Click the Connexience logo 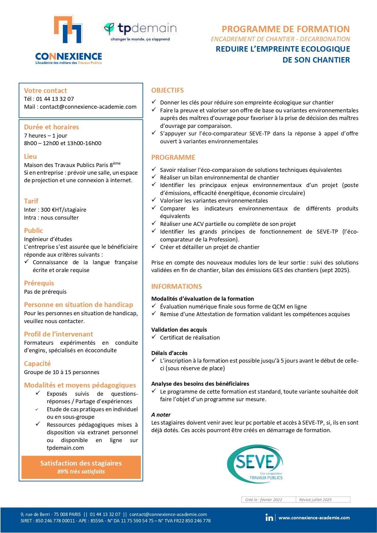[68, 39]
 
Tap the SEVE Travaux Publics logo [255, 463]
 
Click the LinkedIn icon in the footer [269, 518]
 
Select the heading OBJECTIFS [167, 91]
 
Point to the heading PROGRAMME [173, 158]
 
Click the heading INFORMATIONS [177, 287]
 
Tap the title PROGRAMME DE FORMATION [286, 29]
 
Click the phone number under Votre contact [55, 99]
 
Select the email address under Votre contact [88, 107]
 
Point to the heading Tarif [31, 201]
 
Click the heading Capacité [37, 364]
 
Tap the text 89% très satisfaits [81, 472]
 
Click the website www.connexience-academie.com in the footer [314, 518]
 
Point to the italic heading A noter [161, 415]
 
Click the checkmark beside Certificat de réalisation [154, 337]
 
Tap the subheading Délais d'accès [169, 353]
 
